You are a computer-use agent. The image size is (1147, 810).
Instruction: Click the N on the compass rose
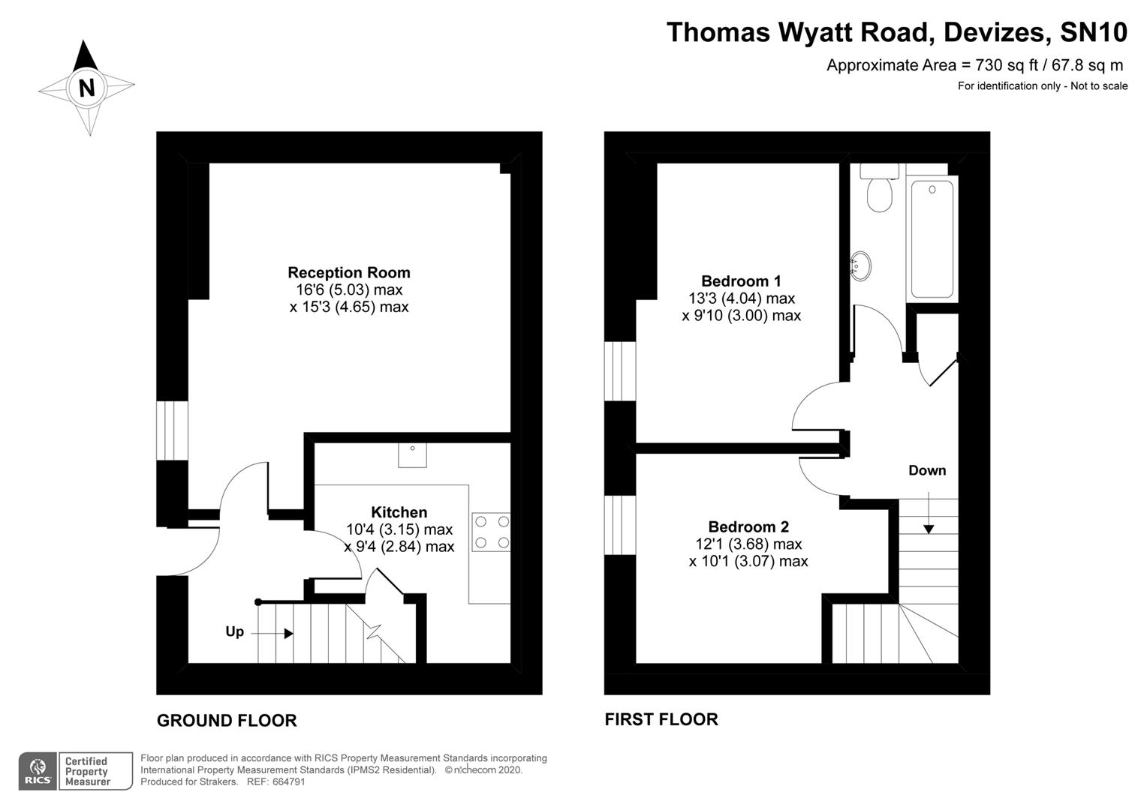point(87,88)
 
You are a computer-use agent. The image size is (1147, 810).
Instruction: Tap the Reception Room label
point(349,272)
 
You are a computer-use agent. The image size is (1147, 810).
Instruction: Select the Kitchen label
point(399,512)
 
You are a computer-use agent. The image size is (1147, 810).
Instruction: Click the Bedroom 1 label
point(741,281)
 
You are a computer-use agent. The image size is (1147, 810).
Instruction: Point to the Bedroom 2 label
point(748,526)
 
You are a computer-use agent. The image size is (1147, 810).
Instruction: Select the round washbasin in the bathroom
point(860,265)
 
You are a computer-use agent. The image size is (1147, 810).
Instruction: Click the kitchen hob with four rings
point(491,532)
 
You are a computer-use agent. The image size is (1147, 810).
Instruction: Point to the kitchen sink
point(412,454)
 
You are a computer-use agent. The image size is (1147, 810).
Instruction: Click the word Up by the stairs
point(234,631)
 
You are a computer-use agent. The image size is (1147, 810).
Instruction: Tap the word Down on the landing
point(927,470)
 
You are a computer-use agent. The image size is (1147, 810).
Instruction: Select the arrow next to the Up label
point(272,634)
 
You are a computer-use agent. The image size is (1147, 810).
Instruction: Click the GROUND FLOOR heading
point(227,721)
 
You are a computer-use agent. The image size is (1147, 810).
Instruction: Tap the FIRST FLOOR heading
point(661,720)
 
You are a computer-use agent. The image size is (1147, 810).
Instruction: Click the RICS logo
point(38,771)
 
